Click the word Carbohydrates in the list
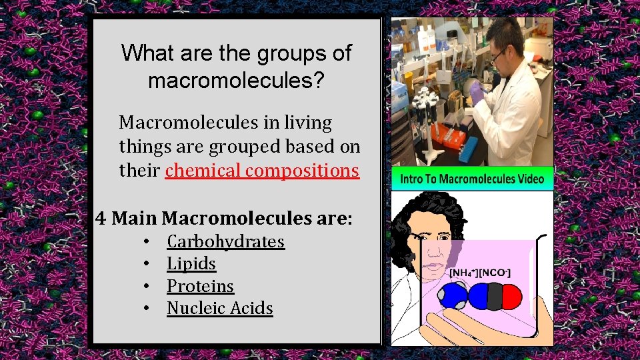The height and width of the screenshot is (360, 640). (225, 241)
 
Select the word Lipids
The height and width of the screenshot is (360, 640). (191, 264)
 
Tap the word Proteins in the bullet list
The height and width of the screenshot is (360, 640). (200, 286)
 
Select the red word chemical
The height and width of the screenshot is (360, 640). (203, 171)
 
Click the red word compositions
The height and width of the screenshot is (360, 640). (302, 171)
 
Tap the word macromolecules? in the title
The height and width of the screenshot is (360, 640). (236, 81)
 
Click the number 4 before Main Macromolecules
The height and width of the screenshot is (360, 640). (101, 218)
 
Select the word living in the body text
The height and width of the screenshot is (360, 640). (307, 123)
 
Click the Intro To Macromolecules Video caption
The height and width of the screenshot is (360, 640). (472, 179)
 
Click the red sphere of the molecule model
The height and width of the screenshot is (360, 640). (510, 297)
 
